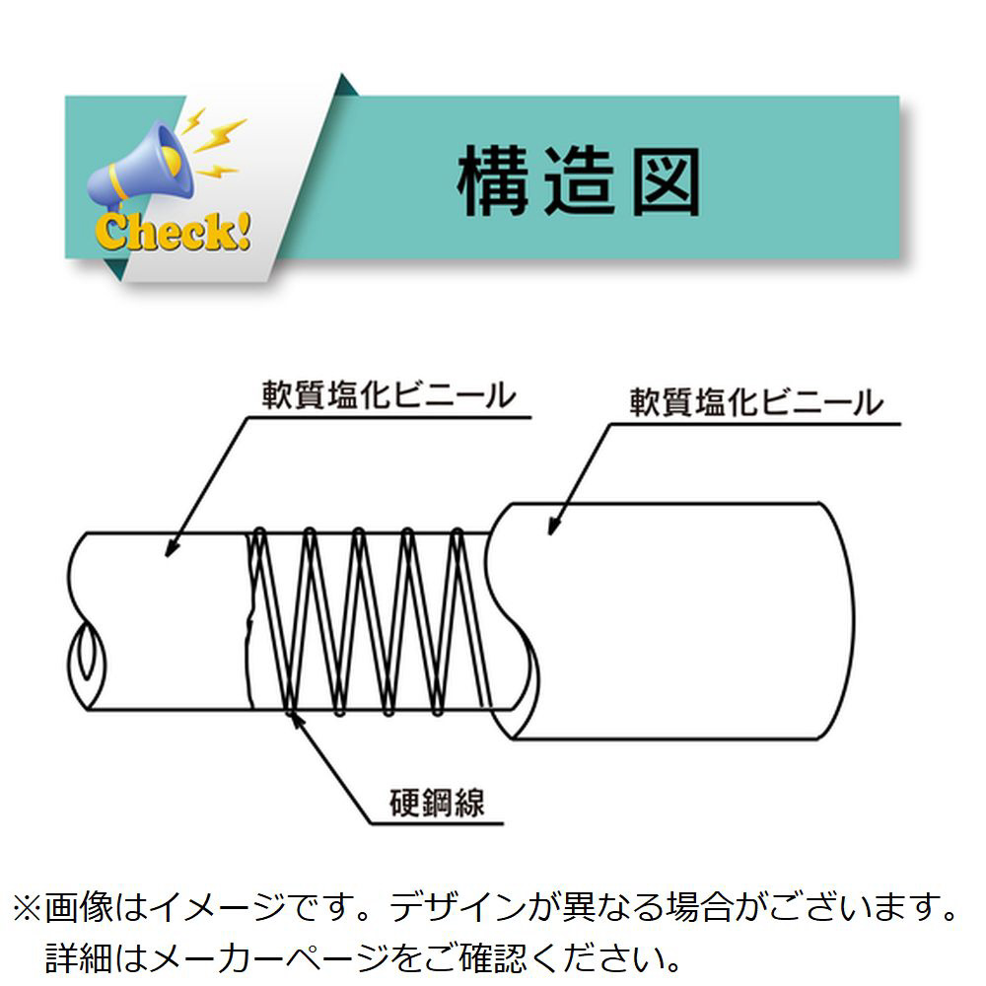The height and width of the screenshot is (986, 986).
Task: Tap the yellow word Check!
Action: point(172,233)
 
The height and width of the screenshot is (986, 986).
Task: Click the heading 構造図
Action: point(579,182)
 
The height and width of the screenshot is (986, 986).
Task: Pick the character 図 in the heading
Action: point(666,182)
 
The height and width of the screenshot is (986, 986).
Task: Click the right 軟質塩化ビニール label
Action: point(755,402)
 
